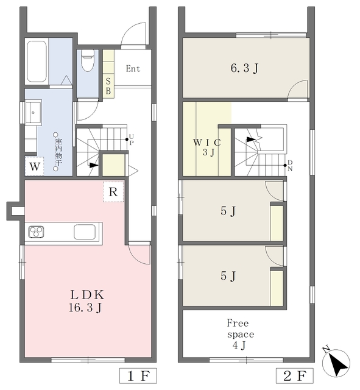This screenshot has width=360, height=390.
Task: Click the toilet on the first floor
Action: point(88,60)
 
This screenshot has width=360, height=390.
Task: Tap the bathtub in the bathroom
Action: point(37,62)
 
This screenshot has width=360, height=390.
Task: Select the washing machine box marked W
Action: point(35,166)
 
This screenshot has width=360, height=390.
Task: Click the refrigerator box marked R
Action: point(113,192)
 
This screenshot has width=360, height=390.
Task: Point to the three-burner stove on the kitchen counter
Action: point(37,232)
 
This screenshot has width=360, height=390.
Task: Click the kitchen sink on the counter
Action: point(85,232)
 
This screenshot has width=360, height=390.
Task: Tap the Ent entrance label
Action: point(133,68)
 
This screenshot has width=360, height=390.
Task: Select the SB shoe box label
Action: point(108,86)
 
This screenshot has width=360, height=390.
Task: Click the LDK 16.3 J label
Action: point(86,301)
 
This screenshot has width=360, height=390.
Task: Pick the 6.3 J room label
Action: point(245,68)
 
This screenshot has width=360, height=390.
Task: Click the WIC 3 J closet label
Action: point(207,147)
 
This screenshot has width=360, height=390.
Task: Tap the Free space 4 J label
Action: point(239,334)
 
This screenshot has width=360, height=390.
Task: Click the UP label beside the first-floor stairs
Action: point(132,140)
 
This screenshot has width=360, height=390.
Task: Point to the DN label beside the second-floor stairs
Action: point(290,166)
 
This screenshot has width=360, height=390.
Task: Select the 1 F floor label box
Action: point(138,375)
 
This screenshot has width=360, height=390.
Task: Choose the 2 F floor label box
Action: point(295,375)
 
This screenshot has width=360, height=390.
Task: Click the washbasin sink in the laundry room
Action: point(34,112)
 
